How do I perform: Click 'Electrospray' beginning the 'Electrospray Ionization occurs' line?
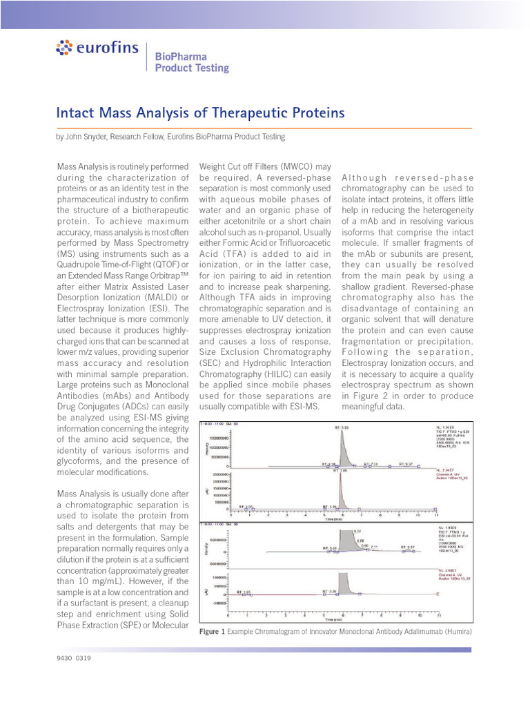[372, 363]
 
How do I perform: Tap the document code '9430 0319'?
[74, 658]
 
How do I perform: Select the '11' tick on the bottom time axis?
[438, 614]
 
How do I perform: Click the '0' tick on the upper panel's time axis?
[230, 514]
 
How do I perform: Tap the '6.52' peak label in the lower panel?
[357, 532]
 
